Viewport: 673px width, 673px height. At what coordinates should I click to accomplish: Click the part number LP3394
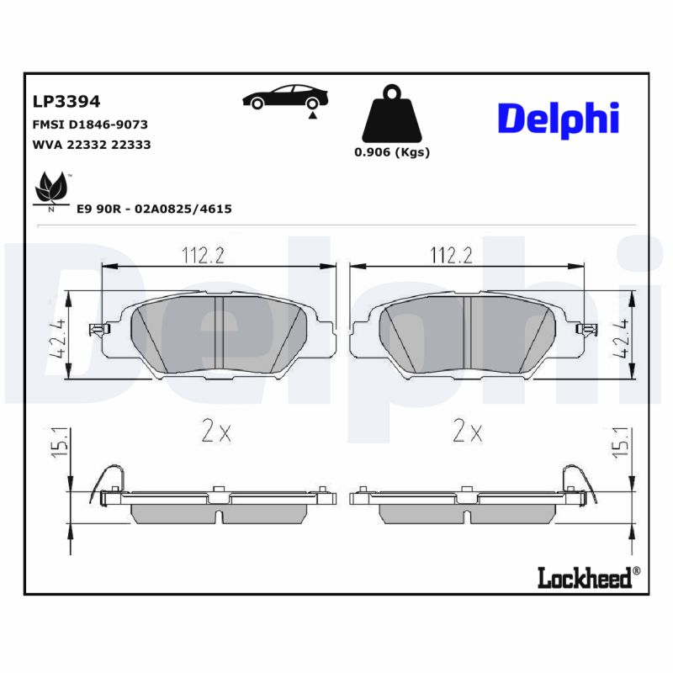[66, 102]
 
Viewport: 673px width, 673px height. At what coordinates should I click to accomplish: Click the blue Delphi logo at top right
[559, 119]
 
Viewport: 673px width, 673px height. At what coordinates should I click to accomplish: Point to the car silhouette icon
[282, 98]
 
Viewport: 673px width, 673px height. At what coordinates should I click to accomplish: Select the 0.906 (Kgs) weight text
[391, 152]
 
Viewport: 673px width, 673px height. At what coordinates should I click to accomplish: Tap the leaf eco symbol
[51, 190]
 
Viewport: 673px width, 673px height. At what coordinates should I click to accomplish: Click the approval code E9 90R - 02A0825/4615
[154, 209]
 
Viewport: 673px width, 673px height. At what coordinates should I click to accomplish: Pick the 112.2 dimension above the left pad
[203, 253]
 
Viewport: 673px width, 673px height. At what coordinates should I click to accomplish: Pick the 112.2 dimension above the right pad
[451, 253]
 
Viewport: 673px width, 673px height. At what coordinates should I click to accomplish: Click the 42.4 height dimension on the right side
[622, 337]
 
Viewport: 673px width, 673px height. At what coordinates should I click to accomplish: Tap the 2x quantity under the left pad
[216, 432]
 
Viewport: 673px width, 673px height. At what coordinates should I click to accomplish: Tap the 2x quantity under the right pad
[468, 432]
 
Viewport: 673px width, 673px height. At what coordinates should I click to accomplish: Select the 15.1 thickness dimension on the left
[58, 441]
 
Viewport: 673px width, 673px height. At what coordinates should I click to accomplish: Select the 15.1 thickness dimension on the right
[623, 441]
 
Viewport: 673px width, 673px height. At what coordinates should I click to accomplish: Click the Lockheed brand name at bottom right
[587, 576]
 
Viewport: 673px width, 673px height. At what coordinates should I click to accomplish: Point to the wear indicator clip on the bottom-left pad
[109, 482]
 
